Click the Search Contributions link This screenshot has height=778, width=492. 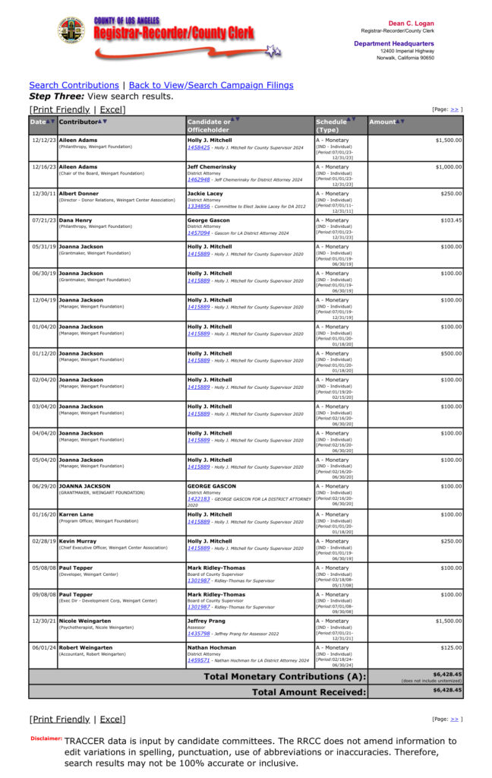coord(74,85)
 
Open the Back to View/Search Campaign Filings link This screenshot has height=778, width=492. coord(211,85)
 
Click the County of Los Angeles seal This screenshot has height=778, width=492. coord(71,30)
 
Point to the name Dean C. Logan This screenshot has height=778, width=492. coord(411,24)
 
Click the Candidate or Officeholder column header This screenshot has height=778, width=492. coord(209,125)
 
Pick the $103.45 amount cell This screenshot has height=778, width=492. coord(447,220)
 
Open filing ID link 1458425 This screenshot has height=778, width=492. coord(199,147)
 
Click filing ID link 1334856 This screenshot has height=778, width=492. coord(199,206)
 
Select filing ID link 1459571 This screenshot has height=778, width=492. coord(199,661)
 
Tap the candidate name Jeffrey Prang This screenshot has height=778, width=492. coord(206,621)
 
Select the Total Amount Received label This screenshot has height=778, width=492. coord(309,691)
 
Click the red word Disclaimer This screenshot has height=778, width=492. coord(46,738)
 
